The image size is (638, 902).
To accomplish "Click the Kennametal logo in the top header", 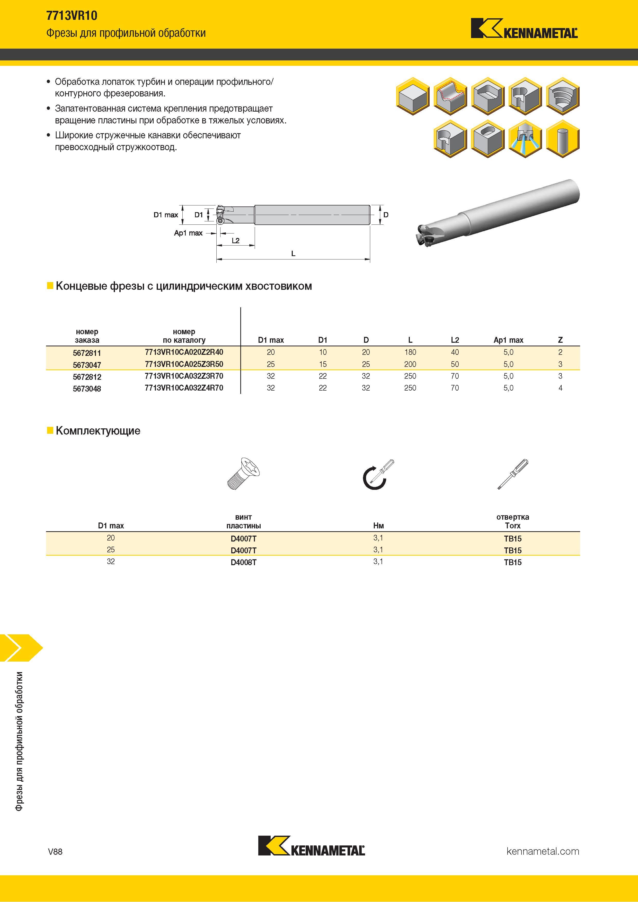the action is (x=524, y=28).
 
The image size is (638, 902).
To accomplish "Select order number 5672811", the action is (x=87, y=353).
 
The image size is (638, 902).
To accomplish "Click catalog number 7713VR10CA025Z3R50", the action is (x=184, y=364).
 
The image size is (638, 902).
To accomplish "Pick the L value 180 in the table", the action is (x=410, y=352).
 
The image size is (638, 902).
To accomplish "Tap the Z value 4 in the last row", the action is (x=560, y=388).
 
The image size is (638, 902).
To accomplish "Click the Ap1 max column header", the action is (x=508, y=340).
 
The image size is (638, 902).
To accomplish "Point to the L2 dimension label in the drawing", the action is (x=235, y=240).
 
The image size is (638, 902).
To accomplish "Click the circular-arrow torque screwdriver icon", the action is (x=377, y=474).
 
